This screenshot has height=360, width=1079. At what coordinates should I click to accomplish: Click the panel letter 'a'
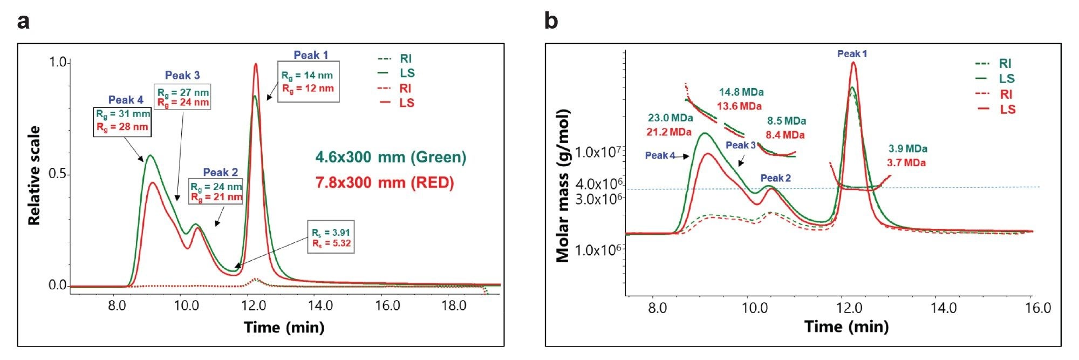(23, 22)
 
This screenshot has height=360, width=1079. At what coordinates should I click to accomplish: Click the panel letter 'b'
(551, 22)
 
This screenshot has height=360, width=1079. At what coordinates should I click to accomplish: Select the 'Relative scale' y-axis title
(35, 175)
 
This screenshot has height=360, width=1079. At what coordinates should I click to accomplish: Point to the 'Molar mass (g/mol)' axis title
(563, 186)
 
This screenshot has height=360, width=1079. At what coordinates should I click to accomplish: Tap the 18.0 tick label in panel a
(454, 306)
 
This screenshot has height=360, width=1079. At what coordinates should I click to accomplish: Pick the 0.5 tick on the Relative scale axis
(58, 174)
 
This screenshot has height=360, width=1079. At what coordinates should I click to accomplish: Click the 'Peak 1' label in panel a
(311, 55)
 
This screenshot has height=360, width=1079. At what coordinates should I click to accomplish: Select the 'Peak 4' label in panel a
(126, 100)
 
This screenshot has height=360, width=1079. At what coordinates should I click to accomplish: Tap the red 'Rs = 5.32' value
(331, 243)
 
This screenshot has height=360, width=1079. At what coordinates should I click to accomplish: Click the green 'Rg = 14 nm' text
(307, 76)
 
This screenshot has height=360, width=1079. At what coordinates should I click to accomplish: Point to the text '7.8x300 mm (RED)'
(385, 182)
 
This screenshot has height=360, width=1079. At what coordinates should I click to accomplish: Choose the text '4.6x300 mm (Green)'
(391, 157)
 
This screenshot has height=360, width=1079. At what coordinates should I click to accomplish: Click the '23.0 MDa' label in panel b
(670, 118)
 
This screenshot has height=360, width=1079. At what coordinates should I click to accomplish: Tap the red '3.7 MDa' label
(906, 162)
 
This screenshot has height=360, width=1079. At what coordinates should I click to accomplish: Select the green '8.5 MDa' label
(787, 121)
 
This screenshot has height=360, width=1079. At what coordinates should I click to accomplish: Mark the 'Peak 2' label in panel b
(776, 178)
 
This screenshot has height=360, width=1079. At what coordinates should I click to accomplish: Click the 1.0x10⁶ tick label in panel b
(599, 250)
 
